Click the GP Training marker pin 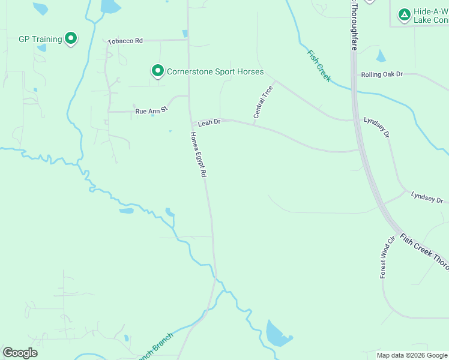tap(71, 39)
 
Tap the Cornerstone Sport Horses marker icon tap(158, 71)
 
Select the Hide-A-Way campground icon tap(405, 13)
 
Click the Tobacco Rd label tap(125, 41)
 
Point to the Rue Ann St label tap(151, 111)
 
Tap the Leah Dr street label tap(209, 121)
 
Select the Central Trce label tap(264, 101)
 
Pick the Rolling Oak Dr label tap(382, 74)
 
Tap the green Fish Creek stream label tap(319, 65)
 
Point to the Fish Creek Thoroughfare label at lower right tap(424, 250)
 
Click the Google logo tap(20, 353)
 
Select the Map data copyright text tap(412, 355)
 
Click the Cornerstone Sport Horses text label tap(215, 71)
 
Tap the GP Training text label tap(40, 39)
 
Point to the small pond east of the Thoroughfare tap(381, 56)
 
